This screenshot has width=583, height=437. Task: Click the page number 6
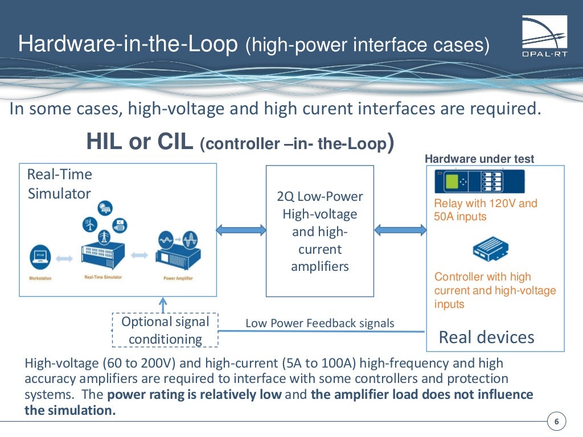pyautogui.click(x=556, y=422)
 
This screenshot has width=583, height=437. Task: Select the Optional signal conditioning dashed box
pyautogui.click(x=165, y=330)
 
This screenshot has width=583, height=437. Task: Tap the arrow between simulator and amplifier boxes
pyautogui.click(x=241, y=230)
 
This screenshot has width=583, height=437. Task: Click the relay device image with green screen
pyautogui.click(x=479, y=182)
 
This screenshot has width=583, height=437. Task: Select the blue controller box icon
pyautogui.click(x=490, y=249)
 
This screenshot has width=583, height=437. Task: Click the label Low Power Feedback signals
pyautogui.click(x=319, y=323)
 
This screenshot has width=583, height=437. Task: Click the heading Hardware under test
pyautogui.click(x=479, y=159)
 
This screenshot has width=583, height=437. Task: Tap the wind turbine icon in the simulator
pyautogui.click(x=89, y=225)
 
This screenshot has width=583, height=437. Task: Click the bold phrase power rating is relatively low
pyautogui.click(x=194, y=395)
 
